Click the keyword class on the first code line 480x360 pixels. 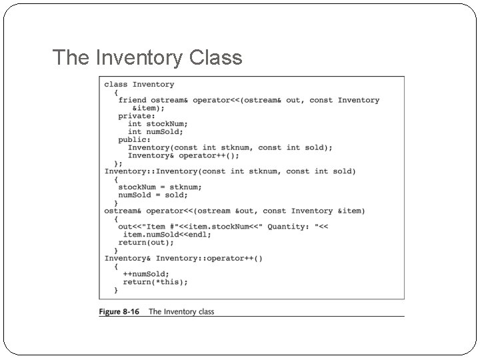[x=116, y=85]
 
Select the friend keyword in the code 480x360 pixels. [x=132, y=100]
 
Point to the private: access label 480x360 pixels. [x=137, y=116]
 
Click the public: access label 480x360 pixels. [x=135, y=140]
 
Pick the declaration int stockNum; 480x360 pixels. [x=158, y=124]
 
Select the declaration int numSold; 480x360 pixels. [x=155, y=132]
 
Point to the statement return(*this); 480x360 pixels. [x=155, y=282]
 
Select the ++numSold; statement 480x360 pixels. [x=146, y=274]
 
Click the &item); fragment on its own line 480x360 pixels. [x=149, y=108]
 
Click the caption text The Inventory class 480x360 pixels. [x=181, y=311]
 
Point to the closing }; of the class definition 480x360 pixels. [x=118, y=163]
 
